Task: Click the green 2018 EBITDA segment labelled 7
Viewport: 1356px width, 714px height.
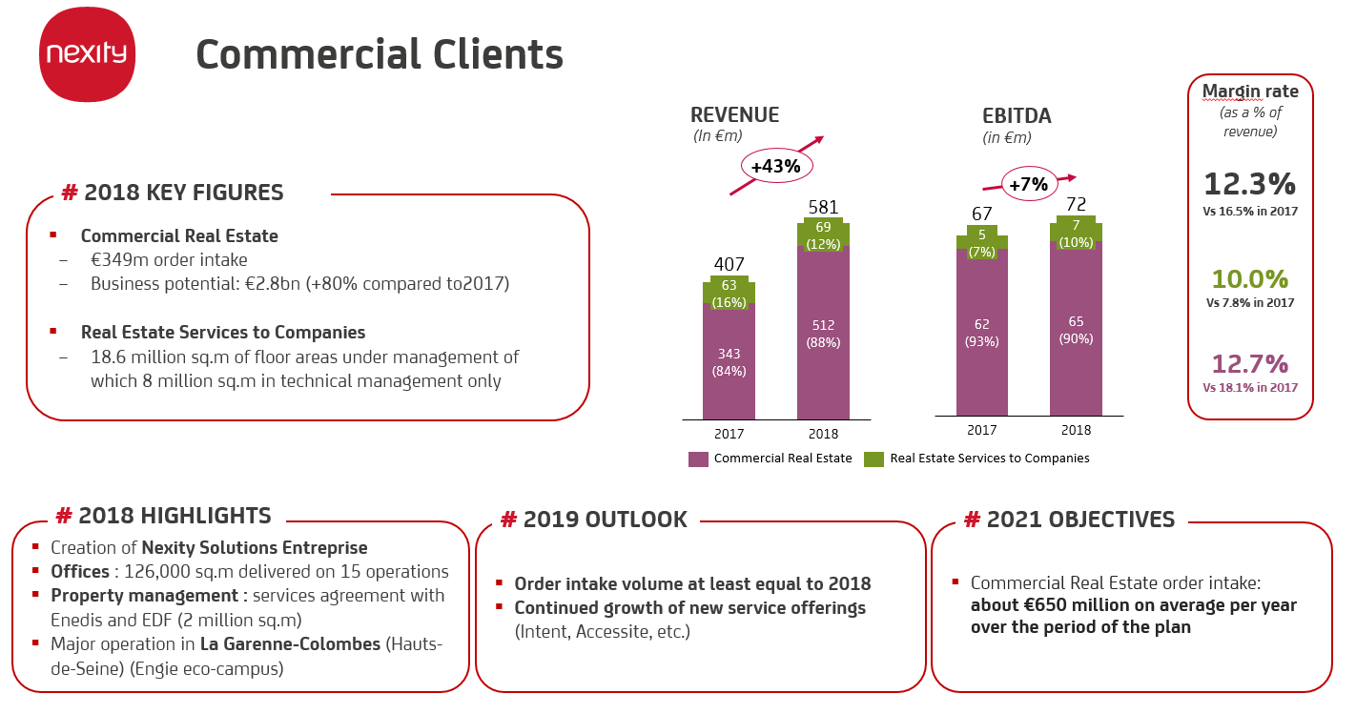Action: tap(1076, 233)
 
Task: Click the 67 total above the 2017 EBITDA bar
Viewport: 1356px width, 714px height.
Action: tap(981, 214)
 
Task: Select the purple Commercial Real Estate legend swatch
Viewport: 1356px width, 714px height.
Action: tap(698, 459)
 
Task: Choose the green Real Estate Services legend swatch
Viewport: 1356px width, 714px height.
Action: tap(873, 459)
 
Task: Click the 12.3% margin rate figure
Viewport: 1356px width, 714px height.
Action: tap(1249, 184)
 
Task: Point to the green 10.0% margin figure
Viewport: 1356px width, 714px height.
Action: tap(1249, 279)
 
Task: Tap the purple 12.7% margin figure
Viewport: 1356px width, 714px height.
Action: tap(1249, 364)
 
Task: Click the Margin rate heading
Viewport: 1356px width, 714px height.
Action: tap(1249, 92)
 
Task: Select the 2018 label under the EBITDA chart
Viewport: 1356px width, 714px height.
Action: tap(1076, 430)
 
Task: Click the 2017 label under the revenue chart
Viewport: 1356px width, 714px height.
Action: tap(729, 434)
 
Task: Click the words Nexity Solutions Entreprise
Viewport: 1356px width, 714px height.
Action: tap(255, 547)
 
